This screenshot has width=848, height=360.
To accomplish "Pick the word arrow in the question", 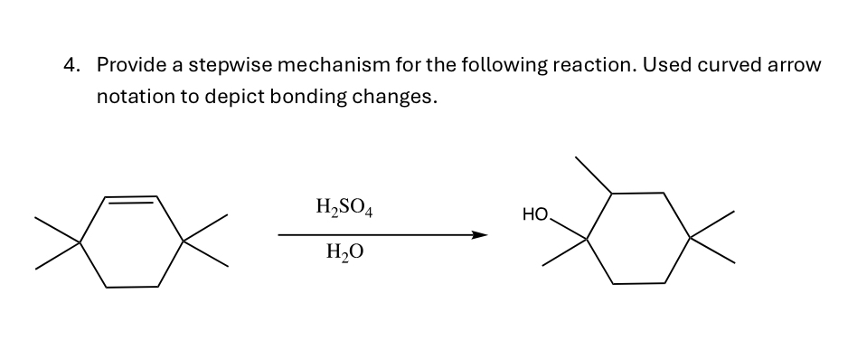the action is [795, 66].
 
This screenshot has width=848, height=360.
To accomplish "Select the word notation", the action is [136, 97].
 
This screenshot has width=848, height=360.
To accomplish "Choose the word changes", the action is [397, 97].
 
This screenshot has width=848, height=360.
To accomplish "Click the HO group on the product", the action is [535, 215].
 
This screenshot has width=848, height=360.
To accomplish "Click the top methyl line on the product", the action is [594, 175].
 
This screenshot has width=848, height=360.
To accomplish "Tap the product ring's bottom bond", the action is [639, 284].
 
